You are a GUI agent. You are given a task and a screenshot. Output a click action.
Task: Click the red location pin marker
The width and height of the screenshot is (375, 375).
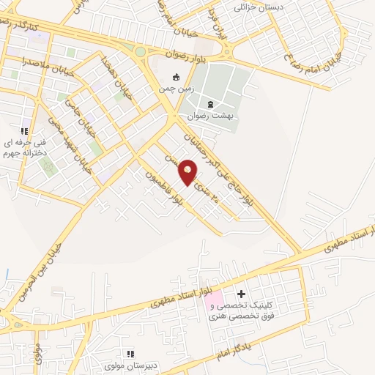188,171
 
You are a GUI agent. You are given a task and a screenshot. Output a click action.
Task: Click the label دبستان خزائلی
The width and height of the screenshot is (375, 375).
259,7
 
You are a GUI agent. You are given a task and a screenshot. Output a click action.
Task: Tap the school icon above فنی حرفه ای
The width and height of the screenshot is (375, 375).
24,131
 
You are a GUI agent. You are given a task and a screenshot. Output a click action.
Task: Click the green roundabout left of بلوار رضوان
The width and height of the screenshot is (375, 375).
140,51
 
